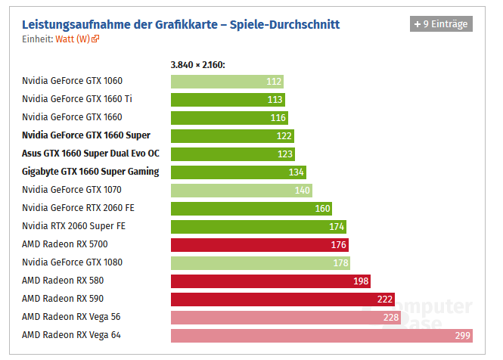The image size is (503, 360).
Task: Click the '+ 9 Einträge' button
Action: coord(441,23)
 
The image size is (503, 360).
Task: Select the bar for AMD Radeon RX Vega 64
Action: coord(321,335)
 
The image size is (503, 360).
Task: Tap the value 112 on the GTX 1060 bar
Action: coord(274,81)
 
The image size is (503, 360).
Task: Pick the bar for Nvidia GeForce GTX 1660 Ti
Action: coord(228,99)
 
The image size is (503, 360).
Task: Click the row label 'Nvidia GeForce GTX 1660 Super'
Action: coord(85,135)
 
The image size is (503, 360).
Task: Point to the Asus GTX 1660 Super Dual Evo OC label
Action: coord(90,154)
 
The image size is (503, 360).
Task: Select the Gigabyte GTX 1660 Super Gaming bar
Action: coord(238,172)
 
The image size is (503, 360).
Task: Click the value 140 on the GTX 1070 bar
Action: coord(303,190)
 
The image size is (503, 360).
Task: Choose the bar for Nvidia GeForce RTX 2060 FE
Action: coord(251,208)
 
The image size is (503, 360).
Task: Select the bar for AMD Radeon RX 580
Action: coord(271,281)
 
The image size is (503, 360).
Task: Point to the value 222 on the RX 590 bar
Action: coord(385,299)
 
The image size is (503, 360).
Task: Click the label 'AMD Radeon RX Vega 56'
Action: coord(71,317)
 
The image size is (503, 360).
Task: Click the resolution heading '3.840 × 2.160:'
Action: coord(198,65)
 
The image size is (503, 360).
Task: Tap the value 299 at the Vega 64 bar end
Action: coord(462,335)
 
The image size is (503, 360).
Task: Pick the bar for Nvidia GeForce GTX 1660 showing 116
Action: coord(229,117)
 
